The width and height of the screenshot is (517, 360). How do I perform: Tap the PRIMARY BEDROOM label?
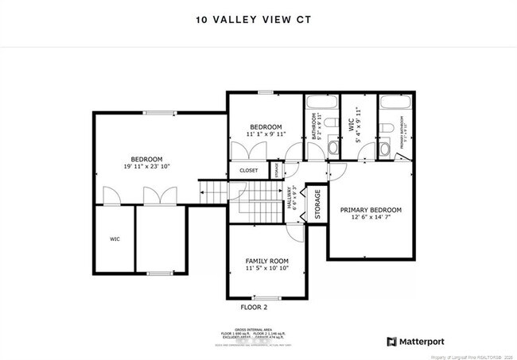[x=371, y=211]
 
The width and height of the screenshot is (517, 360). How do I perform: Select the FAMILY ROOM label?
[x=266, y=261]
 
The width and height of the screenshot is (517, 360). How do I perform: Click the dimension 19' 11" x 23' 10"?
[x=146, y=166]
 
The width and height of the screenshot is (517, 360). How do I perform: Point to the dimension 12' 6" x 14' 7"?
[x=371, y=219]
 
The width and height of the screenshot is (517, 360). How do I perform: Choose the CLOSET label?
[x=248, y=170]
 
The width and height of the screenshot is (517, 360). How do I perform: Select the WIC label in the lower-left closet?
[x=115, y=238]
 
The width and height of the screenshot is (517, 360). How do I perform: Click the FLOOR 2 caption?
[x=254, y=306]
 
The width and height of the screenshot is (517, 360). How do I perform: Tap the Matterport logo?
[x=418, y=341]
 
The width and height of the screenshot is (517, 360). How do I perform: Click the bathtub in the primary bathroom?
[x=393, y=103]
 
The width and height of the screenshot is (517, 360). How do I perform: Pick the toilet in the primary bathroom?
[x=385, y=130]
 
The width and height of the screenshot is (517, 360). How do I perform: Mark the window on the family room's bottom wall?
[x=266, y=298]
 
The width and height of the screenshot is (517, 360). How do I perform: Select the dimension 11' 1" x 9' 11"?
[x=266, y=135]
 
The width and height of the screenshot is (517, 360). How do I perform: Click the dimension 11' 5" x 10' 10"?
[x=266, y=269]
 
